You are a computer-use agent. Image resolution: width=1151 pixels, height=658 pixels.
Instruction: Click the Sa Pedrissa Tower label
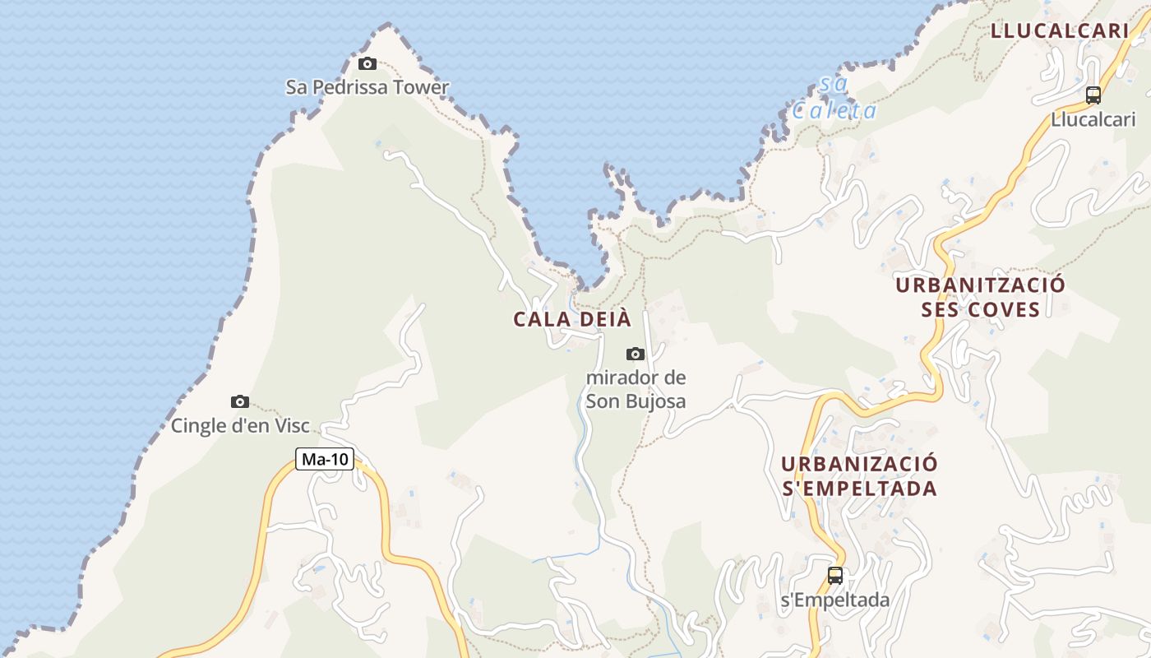tap(367, 87)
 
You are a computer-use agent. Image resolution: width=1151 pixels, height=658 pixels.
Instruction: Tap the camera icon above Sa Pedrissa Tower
tap(367, 64)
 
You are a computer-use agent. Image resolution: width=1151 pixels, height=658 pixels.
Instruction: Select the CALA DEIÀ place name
tap(572, 319)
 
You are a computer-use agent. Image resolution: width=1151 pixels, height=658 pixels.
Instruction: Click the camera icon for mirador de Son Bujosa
tap(636, 354)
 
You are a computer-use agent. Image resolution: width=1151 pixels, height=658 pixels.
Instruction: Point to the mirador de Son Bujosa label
tap(636, 390)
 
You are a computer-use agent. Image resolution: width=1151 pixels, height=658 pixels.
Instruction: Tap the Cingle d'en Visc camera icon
tap(240, 402)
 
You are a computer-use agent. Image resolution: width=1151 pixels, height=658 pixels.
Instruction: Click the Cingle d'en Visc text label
tap(240, 426)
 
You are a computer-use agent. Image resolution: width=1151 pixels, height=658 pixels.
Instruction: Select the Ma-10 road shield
tap(326, 460)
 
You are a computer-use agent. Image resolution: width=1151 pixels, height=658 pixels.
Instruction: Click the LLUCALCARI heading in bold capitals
tap(1059, 31)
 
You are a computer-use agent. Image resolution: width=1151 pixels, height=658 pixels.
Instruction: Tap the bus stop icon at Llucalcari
tap(1093, 95)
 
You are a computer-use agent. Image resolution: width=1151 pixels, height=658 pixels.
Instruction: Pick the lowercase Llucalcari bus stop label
tap(1093, 119)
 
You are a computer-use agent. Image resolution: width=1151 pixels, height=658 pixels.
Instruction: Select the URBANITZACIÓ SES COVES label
tap(980, 297)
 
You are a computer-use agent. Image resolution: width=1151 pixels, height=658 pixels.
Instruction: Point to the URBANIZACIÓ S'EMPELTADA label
tap(859, 475)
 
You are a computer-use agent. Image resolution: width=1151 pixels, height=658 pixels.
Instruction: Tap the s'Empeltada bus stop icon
tap(835, 576)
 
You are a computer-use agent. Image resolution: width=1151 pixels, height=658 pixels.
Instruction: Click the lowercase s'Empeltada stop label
tap(835, 600)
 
